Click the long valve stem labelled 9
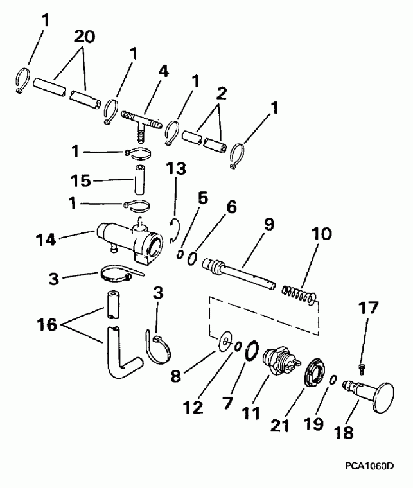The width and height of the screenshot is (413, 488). click(x=237, y=270)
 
